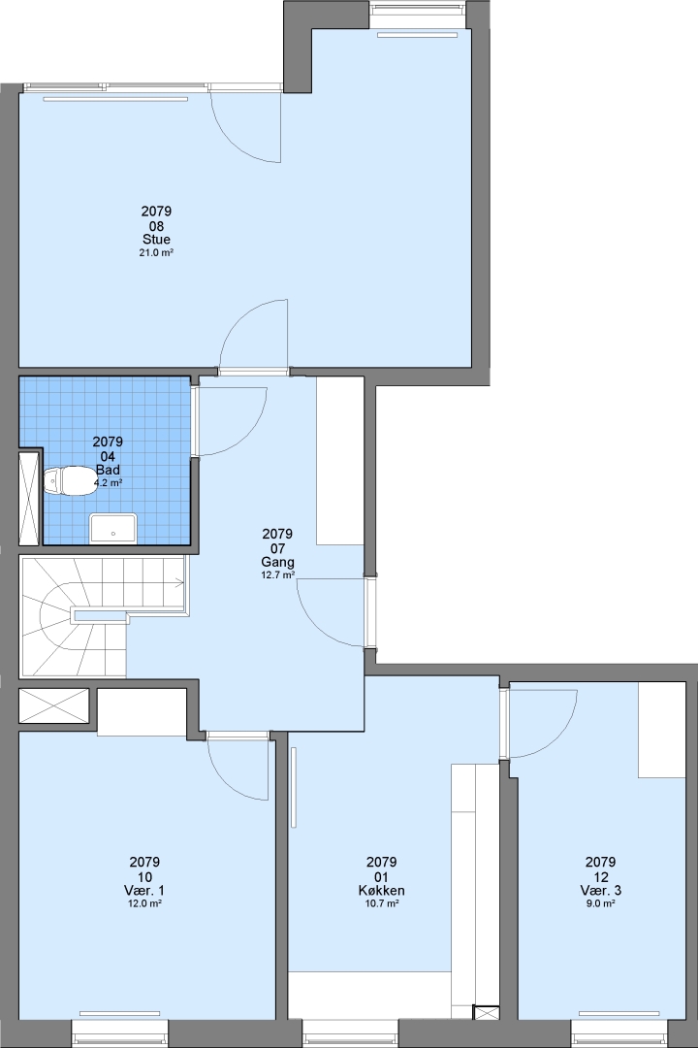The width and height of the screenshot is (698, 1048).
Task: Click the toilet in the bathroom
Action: (69, 481)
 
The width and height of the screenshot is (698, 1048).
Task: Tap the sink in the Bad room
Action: (112, 527)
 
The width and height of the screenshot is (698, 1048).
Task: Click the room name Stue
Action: (156, 240)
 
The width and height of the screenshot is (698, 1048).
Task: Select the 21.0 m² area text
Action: (156, 252)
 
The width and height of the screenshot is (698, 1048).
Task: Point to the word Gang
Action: (277, 562)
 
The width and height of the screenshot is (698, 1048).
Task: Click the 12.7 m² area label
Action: (277, 574)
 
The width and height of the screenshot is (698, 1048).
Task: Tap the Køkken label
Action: (381, 890)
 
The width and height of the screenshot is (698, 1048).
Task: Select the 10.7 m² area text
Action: (381, 903)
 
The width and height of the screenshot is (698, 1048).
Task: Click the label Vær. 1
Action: (144, 890)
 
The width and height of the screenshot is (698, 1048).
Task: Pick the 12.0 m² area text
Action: (144, 903)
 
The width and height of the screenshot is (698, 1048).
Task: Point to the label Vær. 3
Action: (600, 890)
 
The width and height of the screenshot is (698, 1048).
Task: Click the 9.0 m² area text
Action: (600, 903)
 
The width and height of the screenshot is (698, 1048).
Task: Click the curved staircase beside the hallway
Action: (74, 617)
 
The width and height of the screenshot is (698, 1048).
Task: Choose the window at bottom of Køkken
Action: (351, 1033)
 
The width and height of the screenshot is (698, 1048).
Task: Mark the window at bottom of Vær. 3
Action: (619, 1033)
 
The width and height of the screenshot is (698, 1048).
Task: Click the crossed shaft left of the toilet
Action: (29, 499)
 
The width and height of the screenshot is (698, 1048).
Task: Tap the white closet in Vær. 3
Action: (662, 730)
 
